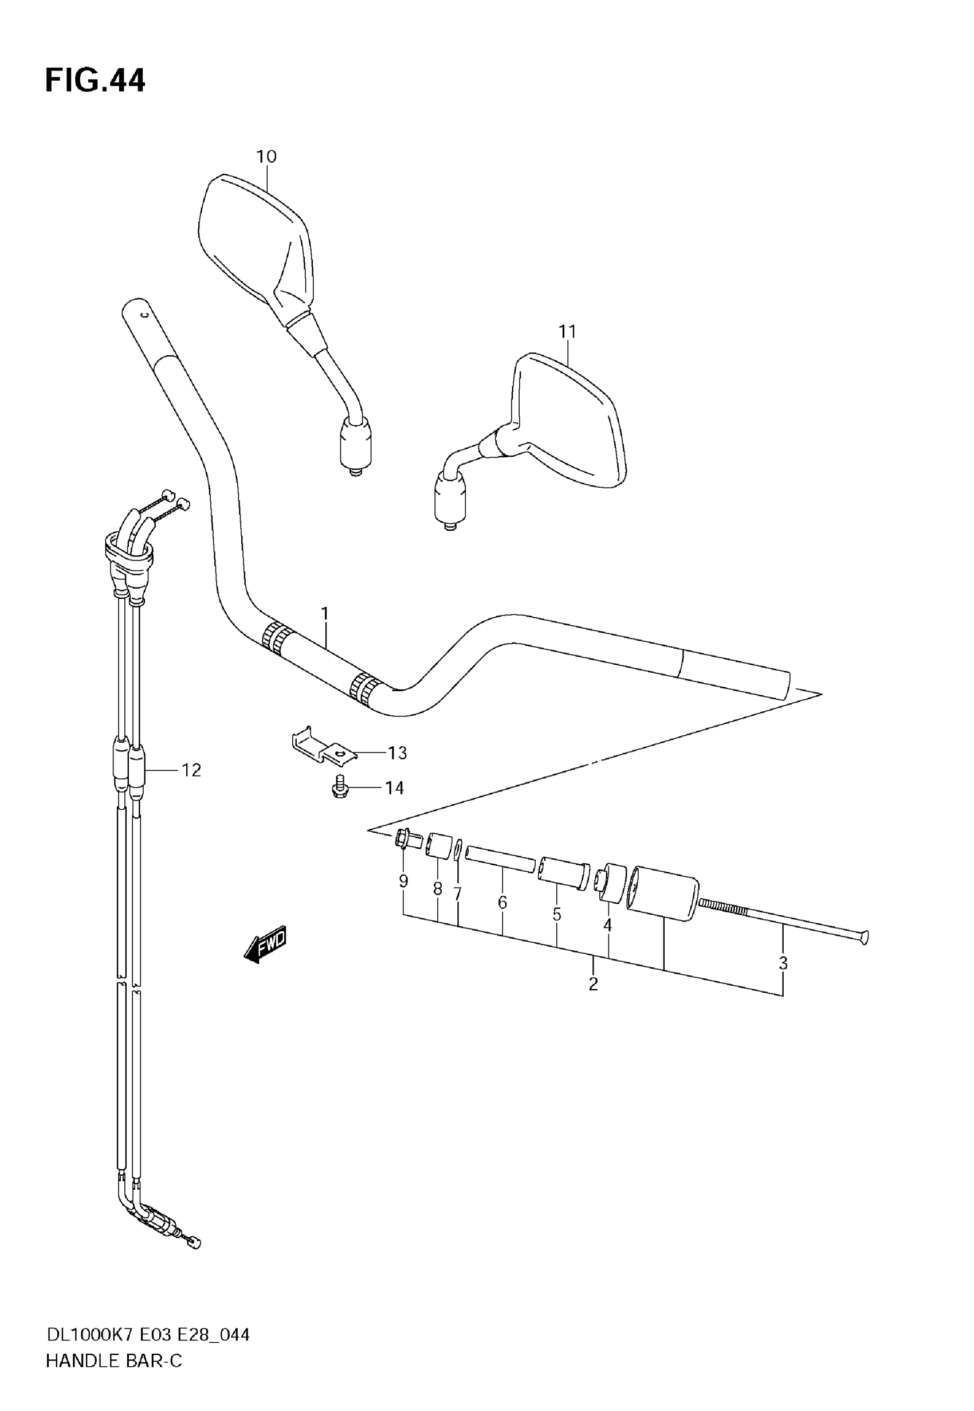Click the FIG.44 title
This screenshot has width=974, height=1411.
95,81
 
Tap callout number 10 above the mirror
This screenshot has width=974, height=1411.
266,157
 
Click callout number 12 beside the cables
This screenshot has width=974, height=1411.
191,770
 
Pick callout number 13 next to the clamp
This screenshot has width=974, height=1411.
397,753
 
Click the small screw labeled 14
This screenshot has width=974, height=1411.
340,788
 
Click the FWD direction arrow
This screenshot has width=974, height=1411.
266,947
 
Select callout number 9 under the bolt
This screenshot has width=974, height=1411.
403,881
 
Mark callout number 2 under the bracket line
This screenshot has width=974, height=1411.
593,984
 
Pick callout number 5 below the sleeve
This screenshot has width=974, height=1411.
556,914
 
